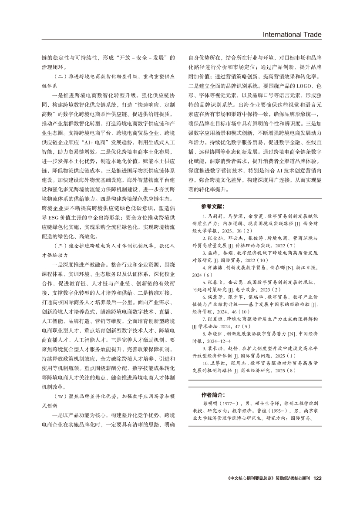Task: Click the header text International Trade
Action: pyautogui.click(x=292, y=34)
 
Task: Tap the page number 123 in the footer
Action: pyautogui.click(x=317, y=478)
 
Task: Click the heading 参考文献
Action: pyautogui.click(x=213, y=206)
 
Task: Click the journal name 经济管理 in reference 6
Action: pyautogui.click(x=203, y=312)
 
